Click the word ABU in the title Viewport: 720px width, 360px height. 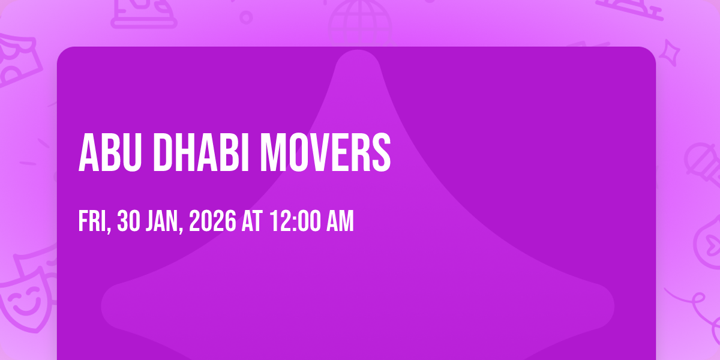(x=110, y=152)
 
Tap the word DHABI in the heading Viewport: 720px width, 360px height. (x=201, y=152)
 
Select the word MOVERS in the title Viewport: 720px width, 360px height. (x=325, y=152)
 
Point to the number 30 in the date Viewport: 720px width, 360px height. (x=128, y=221)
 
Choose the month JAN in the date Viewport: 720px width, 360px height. (x=164, y=221)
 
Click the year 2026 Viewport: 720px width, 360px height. (x=212, y=221)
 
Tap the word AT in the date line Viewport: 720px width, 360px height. (x=252, y=221)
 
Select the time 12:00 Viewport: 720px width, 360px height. (x=295, y=221)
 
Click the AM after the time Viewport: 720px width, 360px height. (x=340, y=221)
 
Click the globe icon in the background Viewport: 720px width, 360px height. (x=360, y=23)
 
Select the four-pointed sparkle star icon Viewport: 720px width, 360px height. (x=670, y=53)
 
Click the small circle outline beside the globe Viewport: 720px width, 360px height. (x=246, y=17)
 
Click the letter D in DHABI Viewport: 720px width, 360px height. (x=163, y=152)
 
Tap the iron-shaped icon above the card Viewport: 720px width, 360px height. (x=144, y=13)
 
